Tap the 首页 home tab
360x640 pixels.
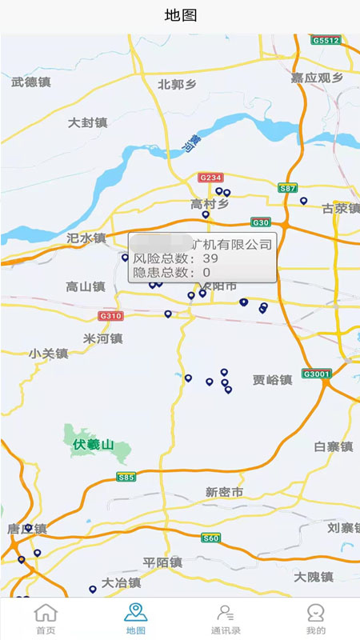(46, 618)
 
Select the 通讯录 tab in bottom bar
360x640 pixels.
(226, 618)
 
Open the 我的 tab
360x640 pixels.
(316, 618)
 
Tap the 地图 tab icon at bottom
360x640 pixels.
(135, 613)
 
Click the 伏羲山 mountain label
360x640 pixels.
(94, 444)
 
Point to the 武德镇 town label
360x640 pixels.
(31, 82)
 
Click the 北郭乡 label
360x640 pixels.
(178, 84)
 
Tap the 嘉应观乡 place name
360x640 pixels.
(317, 78)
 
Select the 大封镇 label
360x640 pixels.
(88, 122)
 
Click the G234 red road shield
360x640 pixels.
(210, 178)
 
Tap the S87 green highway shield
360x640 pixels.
(288, 188)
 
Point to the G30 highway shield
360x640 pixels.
(261, 222)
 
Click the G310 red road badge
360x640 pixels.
(111, 316)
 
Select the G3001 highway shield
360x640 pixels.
(317, 374)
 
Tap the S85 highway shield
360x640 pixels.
(126, 478)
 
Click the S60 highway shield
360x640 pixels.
(210, 538)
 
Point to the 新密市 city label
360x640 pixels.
(224, 492)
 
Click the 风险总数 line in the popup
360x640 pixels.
(176, 258)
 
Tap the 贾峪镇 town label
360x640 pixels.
(272, 380)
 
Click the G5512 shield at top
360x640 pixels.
(326, 40)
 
